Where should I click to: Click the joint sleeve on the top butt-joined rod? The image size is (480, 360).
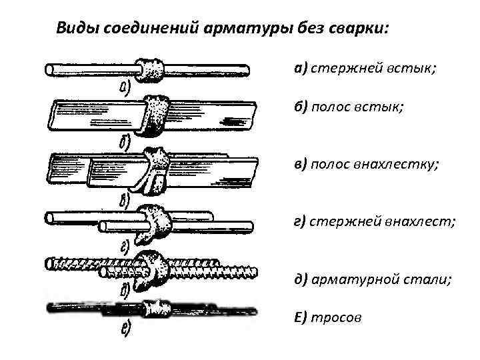153,68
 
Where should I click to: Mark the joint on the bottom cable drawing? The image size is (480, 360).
157,308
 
